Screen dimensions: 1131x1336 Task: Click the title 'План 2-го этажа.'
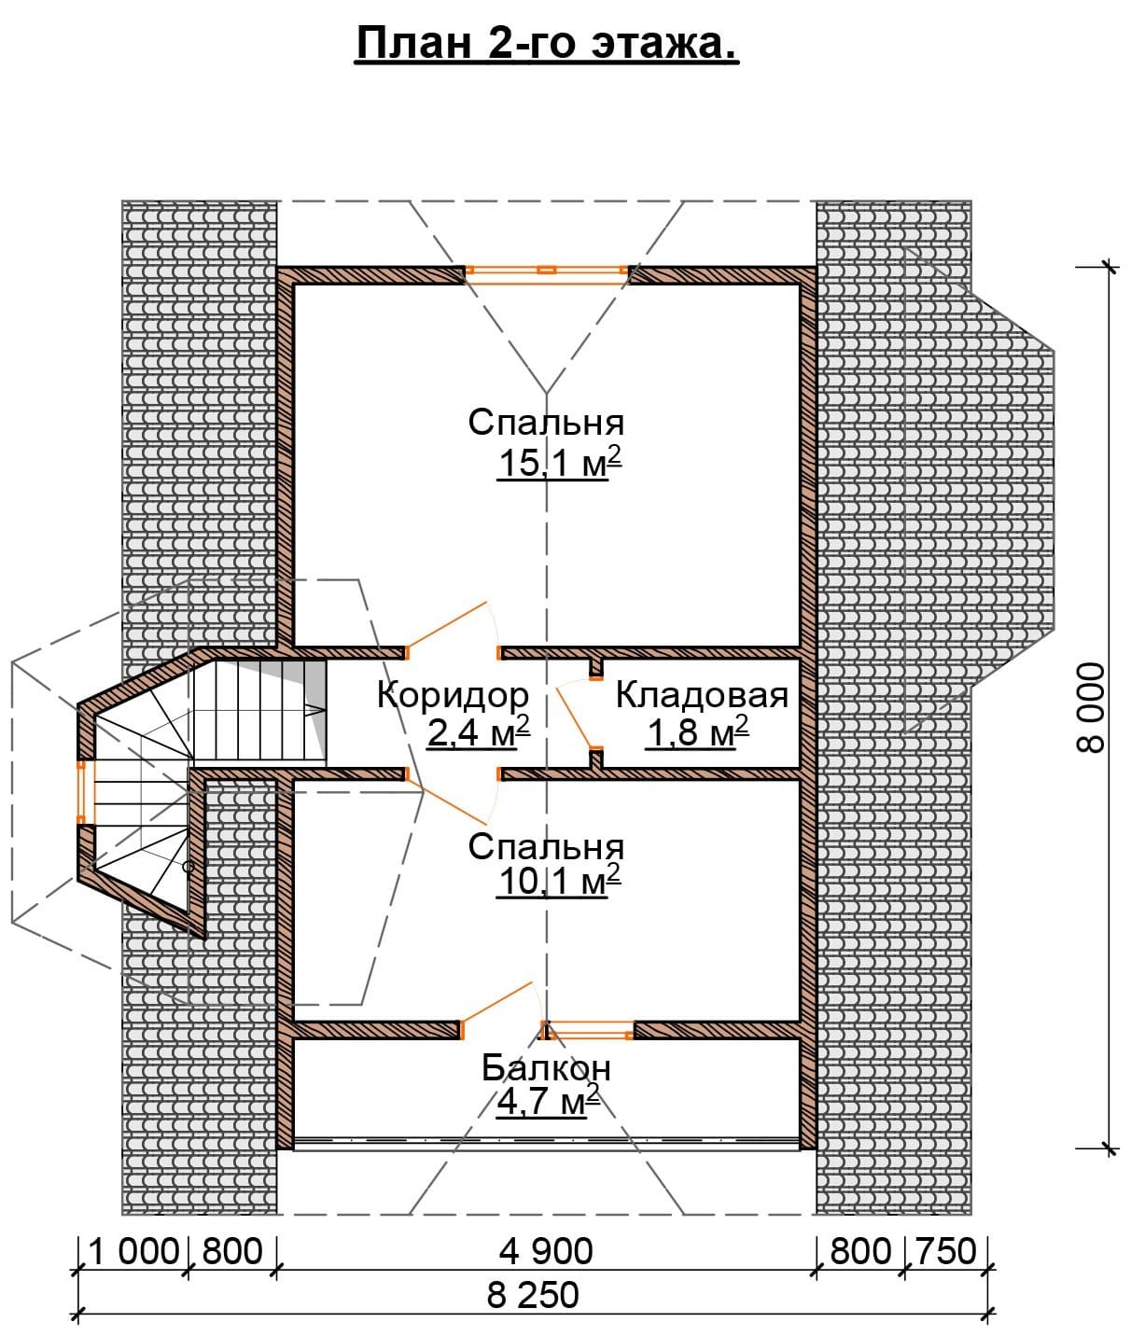coord(547,44)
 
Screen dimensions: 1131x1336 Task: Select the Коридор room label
coord(453,695)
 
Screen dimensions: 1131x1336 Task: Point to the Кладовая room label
coord(702,695)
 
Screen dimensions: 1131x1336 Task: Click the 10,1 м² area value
coord(559,880)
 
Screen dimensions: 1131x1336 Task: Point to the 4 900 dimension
coord(547,1251)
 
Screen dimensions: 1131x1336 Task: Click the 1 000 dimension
coord(133,1251)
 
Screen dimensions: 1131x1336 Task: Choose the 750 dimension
coord(945,1251)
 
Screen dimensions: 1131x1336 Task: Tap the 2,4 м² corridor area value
coord(479,731)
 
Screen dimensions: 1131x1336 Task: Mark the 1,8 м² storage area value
coord(697,731)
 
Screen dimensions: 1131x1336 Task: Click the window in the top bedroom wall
coord(547,271)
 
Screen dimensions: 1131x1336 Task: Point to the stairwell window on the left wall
coord(81,792)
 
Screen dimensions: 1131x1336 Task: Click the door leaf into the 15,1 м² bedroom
coord(448,624)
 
